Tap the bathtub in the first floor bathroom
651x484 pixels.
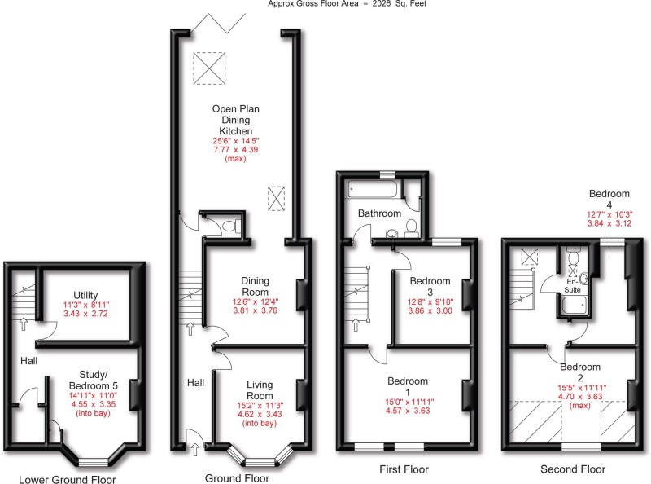tap(373, 190)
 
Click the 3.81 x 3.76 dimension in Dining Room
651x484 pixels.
tap(255, 310)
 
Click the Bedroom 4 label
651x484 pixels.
tap(609, 200)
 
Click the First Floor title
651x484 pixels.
tap(404, 469)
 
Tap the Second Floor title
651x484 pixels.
tap(573, 469)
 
